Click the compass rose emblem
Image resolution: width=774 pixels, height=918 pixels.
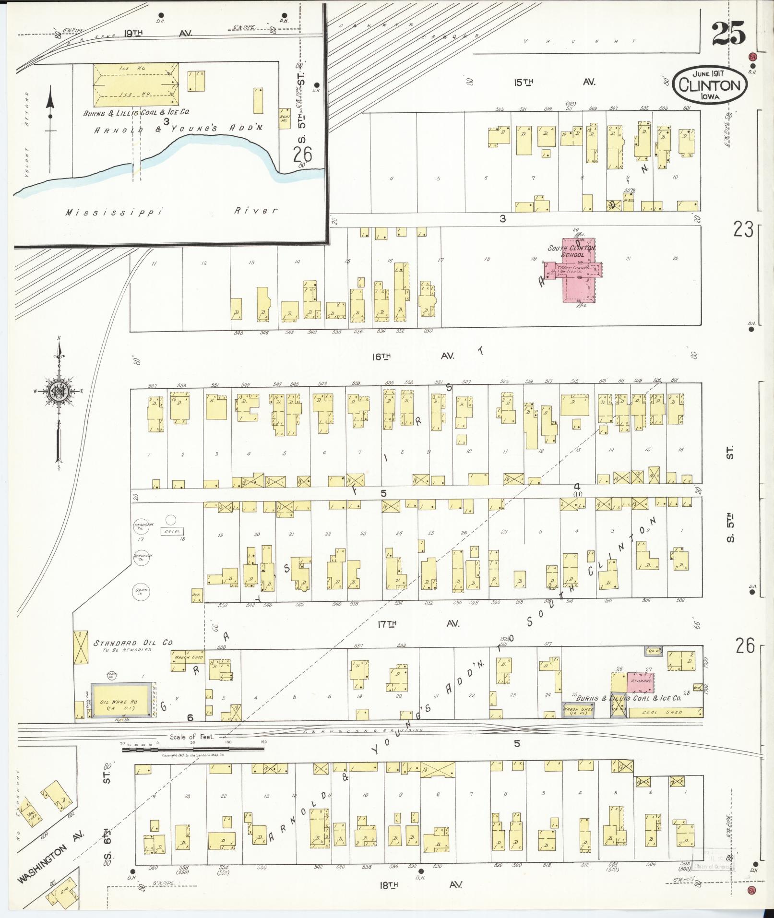pyautogui.click(x=59, y=391)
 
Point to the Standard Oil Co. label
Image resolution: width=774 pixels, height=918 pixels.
pyautogui.click(x=133, y=643)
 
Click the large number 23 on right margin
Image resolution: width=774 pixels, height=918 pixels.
pyautogui.click(x=742, y=231)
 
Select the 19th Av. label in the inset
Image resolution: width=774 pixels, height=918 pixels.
pyautogui.click(x=158, y=34)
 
